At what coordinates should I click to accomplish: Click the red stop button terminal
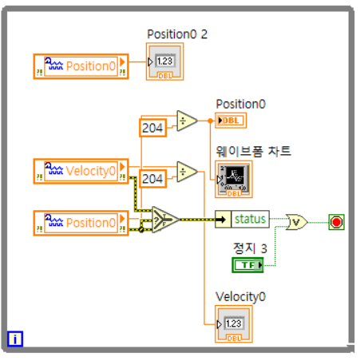[x=336, y=222]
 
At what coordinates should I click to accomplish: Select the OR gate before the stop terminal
[x=296, y=222]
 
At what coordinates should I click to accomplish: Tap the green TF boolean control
[x=247, y=265]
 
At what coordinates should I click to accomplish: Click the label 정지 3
[x=250, y=248]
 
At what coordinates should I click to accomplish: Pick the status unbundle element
[x=242, y=220]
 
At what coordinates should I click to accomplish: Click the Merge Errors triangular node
[x=165, y=220]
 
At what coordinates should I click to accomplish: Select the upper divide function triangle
[x=187, y=121]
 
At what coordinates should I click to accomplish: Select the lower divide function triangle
[x=187, y=172]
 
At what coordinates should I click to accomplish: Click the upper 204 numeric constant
[x=152, y=128]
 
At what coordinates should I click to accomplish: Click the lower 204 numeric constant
[x=152, y=179]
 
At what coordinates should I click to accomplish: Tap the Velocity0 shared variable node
[x=81, y=171]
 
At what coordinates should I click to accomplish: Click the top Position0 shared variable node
[x=81, y=66]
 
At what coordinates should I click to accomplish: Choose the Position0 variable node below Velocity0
[x=81, y=223]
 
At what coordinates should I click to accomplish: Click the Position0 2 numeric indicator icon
[x=164, y=61]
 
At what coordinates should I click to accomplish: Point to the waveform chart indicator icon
[x=234, y=179]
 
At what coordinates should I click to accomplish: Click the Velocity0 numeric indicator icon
[x=234, y=324]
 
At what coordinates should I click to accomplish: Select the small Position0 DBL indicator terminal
[x=231, y=121]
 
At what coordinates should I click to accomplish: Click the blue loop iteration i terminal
[x=15, y=339]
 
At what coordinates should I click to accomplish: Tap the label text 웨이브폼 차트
[x=253, y=151]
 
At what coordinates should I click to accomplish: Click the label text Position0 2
[x=177, y=34]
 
